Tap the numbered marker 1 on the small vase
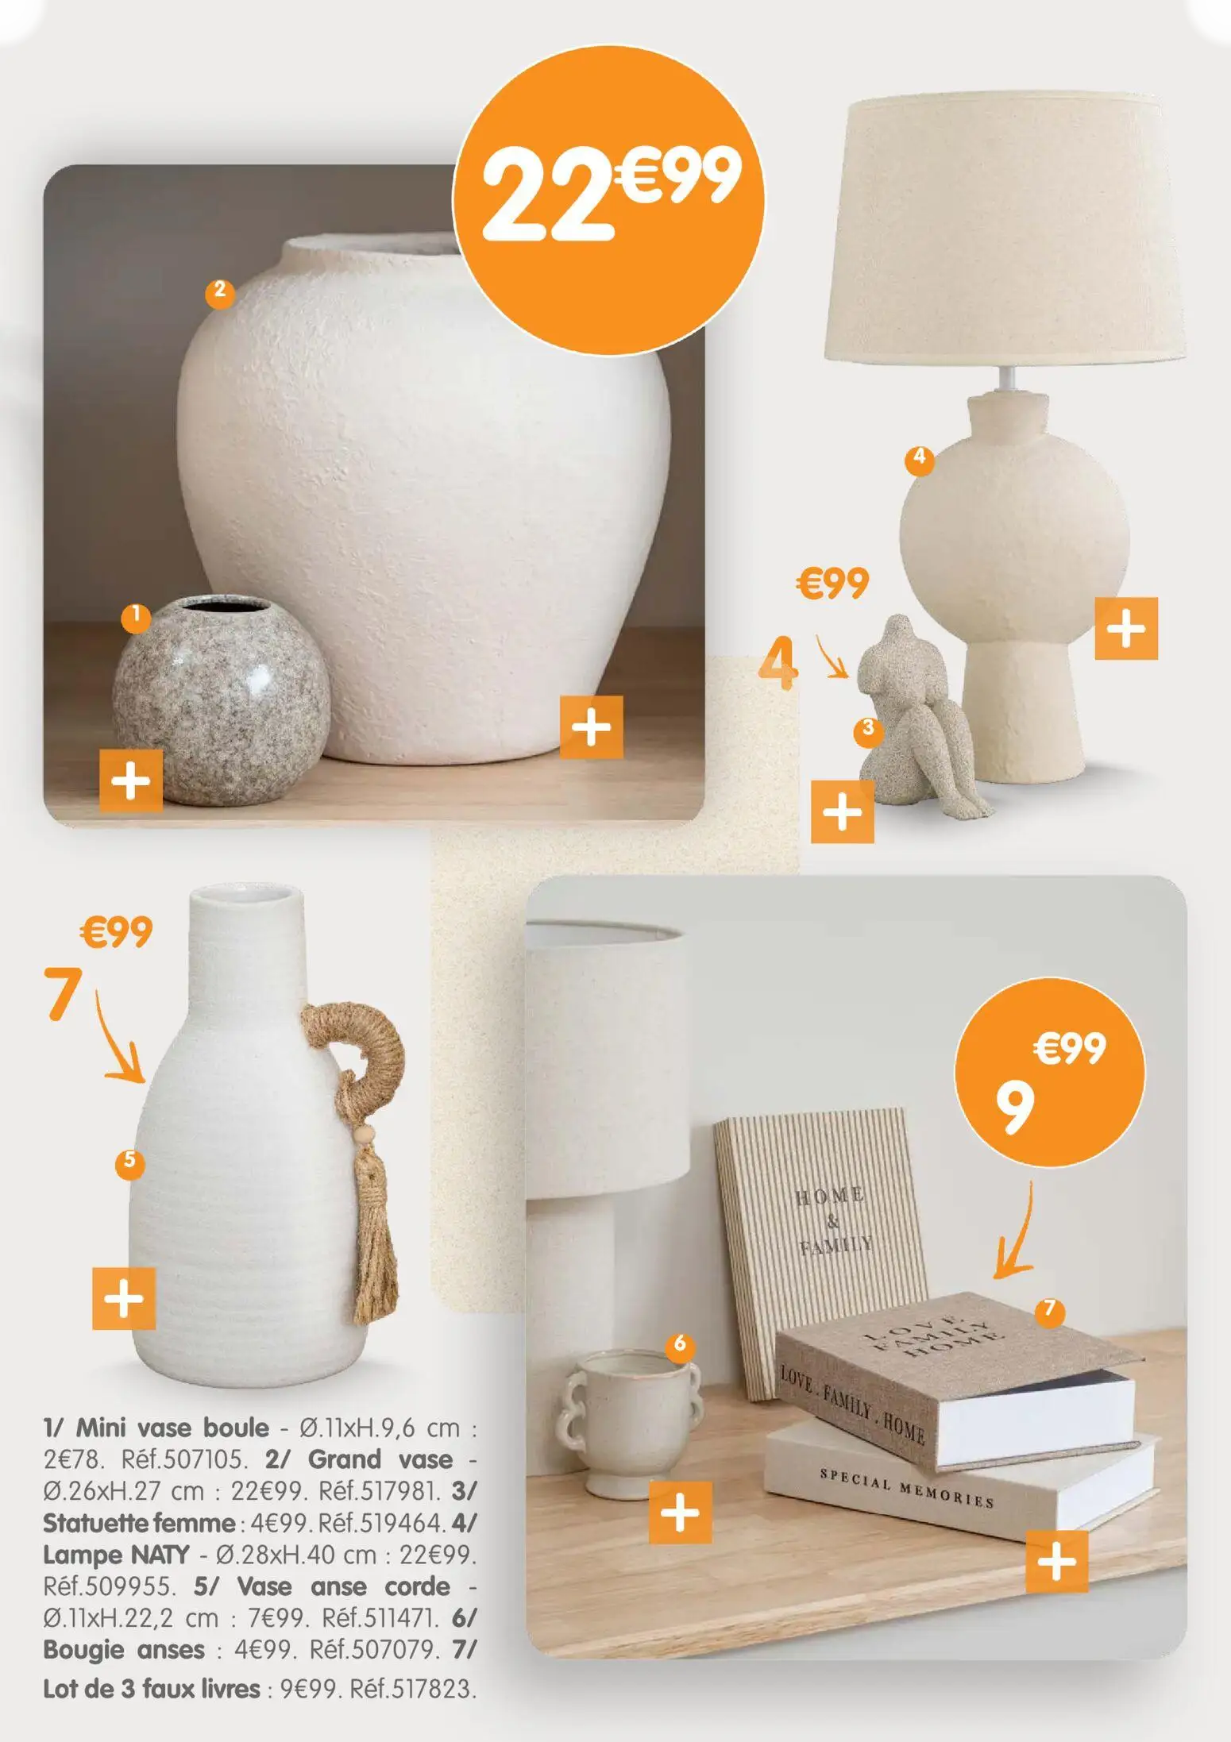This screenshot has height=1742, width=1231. pos(136,617)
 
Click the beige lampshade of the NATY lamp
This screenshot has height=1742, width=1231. pos(1005,230)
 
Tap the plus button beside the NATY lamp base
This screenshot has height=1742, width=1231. pos(1125,628)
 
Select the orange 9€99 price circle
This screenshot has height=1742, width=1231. pos(1050,1072)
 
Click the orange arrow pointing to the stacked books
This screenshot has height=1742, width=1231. pos(1017,1235)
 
